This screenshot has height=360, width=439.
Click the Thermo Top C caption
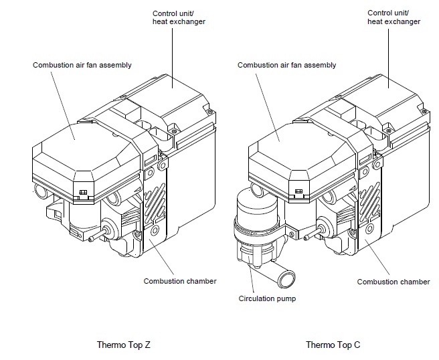[x=333, y=345]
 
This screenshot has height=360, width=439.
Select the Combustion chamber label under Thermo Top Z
[x=179, y=281]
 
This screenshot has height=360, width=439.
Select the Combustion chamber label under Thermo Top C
[x=393, y=282]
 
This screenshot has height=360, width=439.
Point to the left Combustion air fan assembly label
[x=82, y=65]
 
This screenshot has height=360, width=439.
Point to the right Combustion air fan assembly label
[x=287, y=65]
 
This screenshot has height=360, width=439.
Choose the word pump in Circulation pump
[x=286, y=298]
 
